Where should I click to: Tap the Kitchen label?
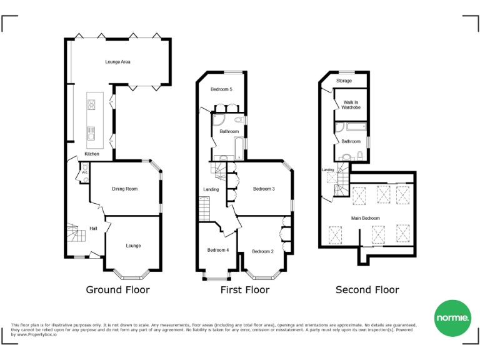point(92,154)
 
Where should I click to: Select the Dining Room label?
point(124,189)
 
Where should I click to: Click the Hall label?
point(93,228)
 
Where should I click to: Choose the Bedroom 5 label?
point(221,89)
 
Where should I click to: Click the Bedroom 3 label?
point(264,189)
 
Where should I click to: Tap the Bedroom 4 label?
point(218,250)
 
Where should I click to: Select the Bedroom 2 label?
point(262,251)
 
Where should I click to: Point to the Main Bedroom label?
point(366,218)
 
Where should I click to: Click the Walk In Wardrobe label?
point(351,105)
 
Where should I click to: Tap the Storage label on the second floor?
point(344,81)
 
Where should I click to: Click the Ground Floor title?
point(117,290)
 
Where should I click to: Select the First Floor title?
point(245,290)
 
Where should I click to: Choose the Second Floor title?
point(367,290)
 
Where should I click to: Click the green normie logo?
point(452,319)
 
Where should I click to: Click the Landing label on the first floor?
point(211,189)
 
